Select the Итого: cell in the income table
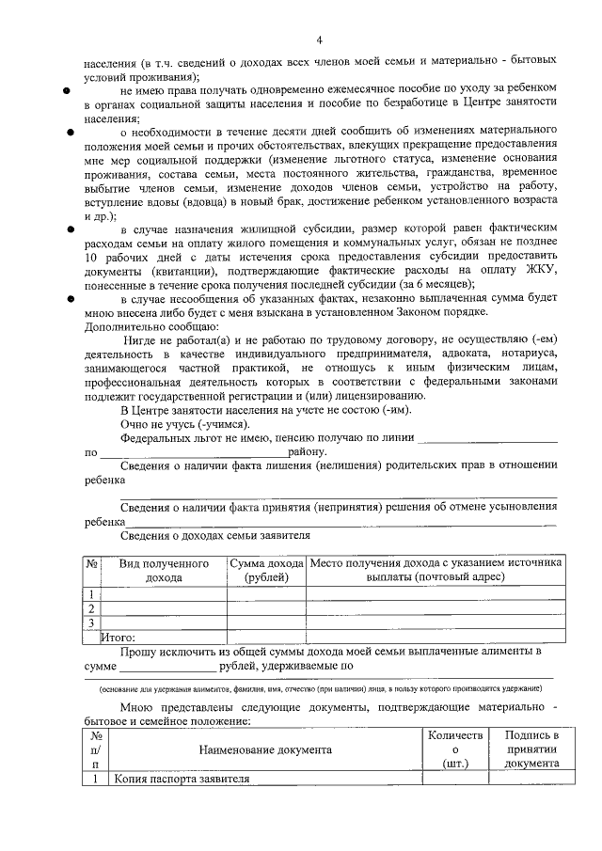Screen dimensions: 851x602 coord(119,638)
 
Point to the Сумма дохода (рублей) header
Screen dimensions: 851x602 coord(266,570)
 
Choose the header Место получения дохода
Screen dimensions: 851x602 coord(436,570)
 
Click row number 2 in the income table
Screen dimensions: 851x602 coord(91,607)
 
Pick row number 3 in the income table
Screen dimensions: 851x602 coord(91,622)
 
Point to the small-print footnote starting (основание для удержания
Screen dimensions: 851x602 coord(320,688)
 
